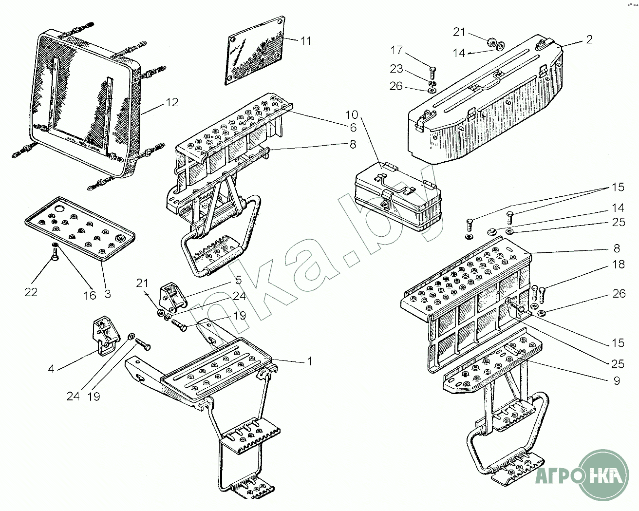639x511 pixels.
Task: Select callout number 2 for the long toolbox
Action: click(x=589, y=40)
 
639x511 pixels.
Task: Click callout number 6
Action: click(x=366, y=128)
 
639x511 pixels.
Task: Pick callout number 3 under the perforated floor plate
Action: click(x=108, y=294)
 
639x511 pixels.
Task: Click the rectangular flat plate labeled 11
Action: click(x=255, y=54)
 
